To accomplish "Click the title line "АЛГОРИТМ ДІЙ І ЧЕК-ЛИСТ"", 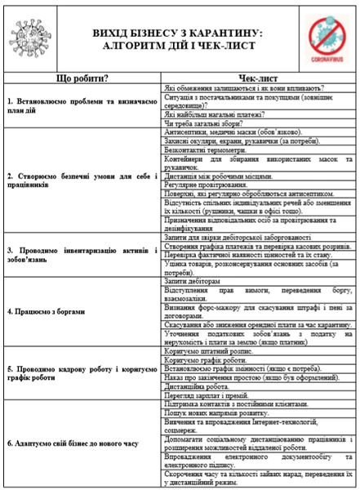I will pyautogui.click(x=180, y=45).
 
